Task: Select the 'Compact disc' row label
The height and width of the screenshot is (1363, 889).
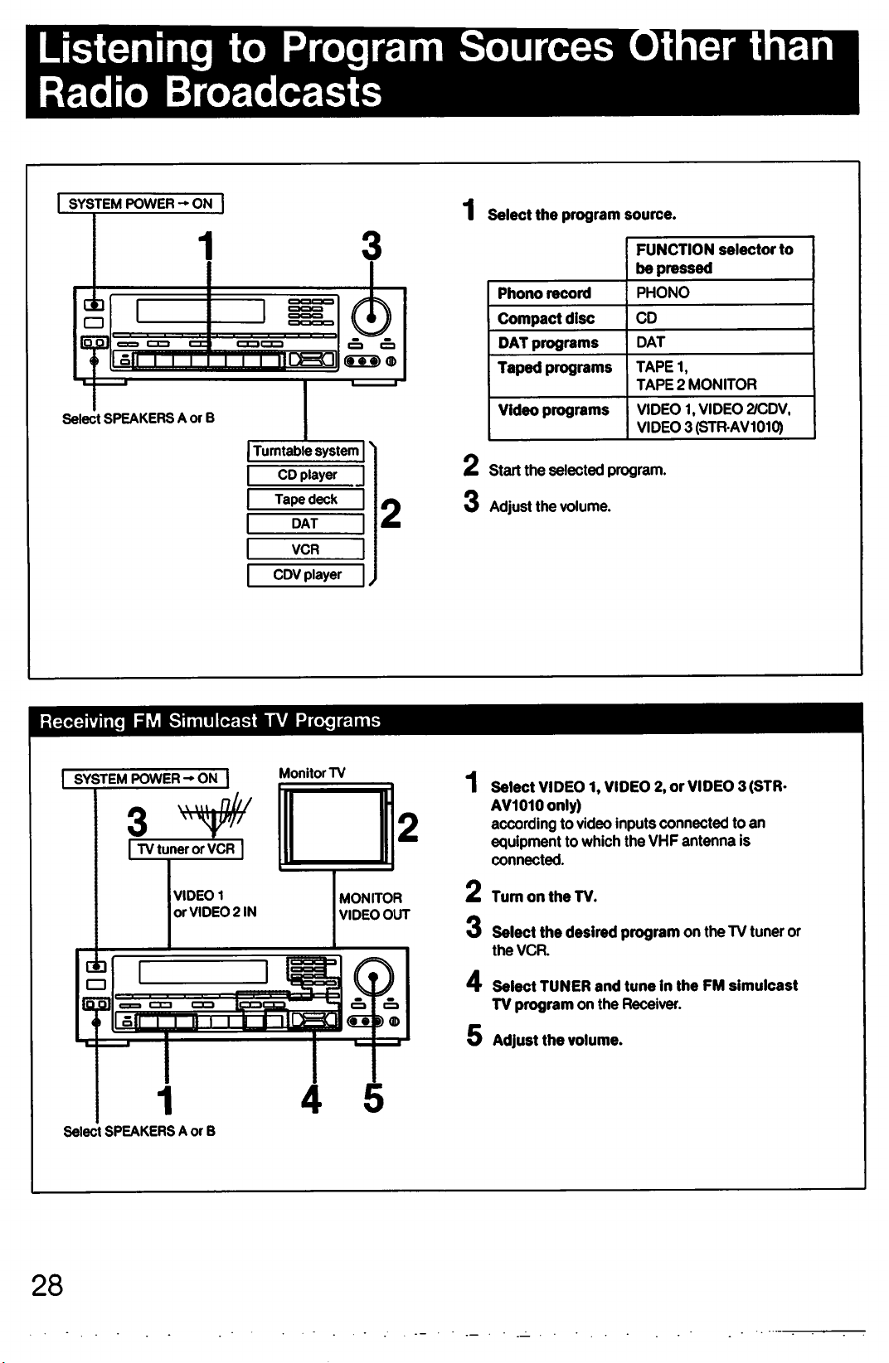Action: pos(546,318)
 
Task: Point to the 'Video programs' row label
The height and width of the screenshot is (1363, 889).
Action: pos(553,409)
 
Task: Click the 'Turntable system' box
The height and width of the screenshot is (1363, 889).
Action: pos(306,451)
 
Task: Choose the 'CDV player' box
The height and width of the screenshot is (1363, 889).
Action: pos(306,575)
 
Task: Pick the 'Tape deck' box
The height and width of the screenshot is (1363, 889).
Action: pos(306,500)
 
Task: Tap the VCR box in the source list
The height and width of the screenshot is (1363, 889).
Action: pos(306,549)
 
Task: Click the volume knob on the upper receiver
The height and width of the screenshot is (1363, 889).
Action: pos(371,317)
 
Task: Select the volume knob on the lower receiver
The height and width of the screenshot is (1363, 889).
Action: pos(374,977)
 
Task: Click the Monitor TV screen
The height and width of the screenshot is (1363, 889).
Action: pos(336,826)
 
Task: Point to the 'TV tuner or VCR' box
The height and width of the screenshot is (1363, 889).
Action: pos(186,848)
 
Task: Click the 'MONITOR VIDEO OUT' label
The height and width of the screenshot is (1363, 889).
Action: pos(374,906)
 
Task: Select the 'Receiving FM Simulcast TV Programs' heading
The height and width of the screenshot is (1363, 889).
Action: pos(210,721)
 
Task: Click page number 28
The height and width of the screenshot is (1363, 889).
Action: pos(47,1286)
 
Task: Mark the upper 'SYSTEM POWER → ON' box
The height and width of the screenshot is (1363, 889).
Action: pos(141,203)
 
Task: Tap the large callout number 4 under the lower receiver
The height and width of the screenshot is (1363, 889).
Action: pos(311,1099)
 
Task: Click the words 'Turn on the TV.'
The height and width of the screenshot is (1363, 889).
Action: pos(544,897)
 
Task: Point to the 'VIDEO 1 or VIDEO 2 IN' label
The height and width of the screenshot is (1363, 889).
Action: pos(214,904)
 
